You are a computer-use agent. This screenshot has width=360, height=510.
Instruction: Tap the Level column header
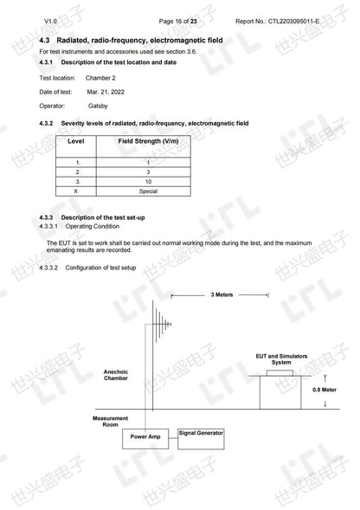[x=75, y=140]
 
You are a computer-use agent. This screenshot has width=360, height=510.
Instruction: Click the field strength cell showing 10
[x=148, y=182]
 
